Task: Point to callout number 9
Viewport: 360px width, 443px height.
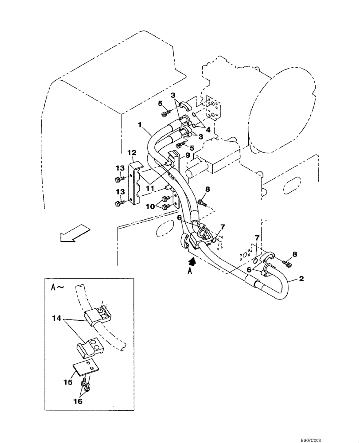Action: point(188,155)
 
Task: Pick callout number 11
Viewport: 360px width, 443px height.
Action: point(150,188)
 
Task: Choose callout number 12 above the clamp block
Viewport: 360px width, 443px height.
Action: point(131,153)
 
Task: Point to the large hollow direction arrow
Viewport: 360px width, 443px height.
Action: point(74,233)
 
